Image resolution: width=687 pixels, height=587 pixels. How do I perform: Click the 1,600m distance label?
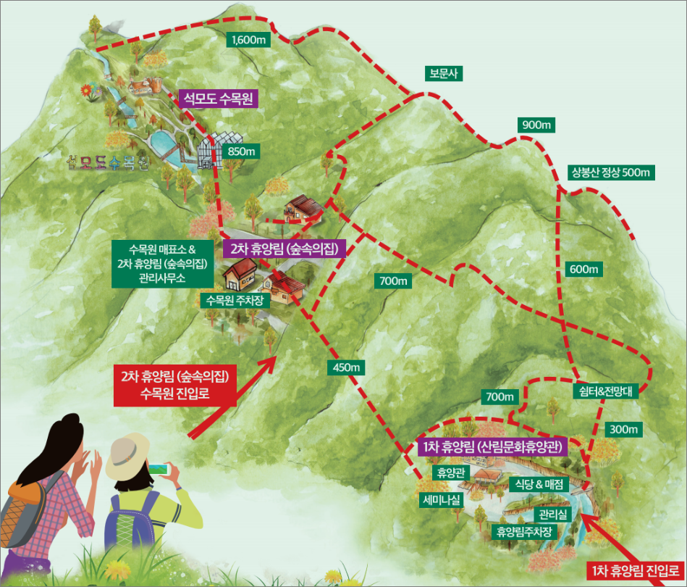tap(248, 40)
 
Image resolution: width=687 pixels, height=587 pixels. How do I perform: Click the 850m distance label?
tap(242, 151)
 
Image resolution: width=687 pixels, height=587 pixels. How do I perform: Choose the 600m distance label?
tap(584, 270)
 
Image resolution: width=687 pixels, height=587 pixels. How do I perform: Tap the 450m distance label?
tap(347, 367)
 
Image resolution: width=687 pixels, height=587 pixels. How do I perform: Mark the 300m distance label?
tap(623, 430)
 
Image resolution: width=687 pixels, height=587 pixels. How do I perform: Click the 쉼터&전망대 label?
tap(606, 390)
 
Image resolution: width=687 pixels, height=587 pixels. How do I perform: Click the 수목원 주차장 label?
tap(238, 300)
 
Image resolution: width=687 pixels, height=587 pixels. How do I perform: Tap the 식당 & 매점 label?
tap(539, 483)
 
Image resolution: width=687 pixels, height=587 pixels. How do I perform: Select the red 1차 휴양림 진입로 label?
tap(633, 570)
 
